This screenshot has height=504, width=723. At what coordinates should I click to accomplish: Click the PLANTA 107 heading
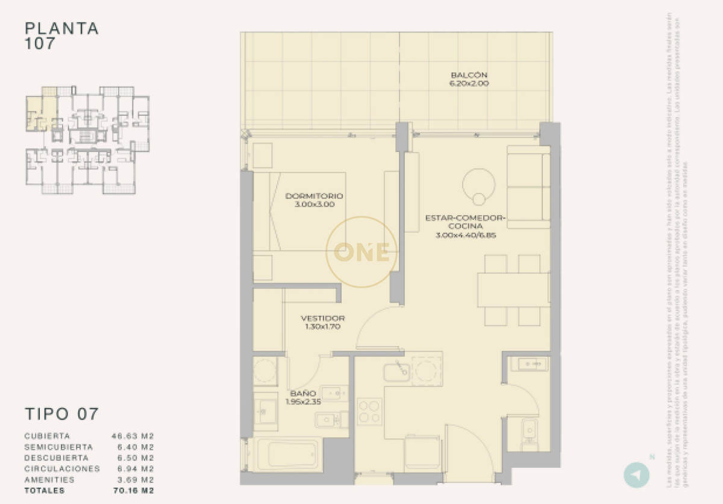coord(61,36)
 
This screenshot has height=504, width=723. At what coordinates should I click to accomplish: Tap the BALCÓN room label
coord(469,80)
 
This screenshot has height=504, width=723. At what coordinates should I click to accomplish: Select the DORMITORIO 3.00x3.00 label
coord(315,200)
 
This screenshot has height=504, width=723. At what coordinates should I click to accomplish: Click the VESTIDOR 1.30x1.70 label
coord(323,323)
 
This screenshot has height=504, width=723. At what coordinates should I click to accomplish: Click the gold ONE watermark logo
coord(361,252)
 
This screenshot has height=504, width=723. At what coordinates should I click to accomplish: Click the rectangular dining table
coord(513,291)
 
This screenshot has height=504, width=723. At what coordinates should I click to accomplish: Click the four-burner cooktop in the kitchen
coord(369,411)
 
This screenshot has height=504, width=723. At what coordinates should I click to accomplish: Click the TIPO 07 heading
coord(61,414)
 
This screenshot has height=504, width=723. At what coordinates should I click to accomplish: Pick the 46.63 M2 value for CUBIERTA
coord(133,435)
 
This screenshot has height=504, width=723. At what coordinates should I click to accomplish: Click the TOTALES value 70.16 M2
coord(133,491)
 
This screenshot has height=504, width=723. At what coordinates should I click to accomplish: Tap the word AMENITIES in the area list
coord(49,480)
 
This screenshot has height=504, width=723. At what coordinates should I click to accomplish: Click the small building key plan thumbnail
coord(87,140)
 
